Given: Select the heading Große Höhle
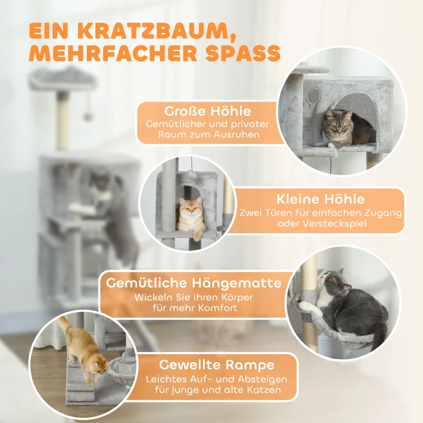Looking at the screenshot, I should (x=207, y=112).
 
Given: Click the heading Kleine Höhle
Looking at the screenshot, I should (x=320, y=199).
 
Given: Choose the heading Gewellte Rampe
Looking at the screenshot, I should (x=217, y=365).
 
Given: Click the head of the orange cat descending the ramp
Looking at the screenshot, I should (x=98, y=365).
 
